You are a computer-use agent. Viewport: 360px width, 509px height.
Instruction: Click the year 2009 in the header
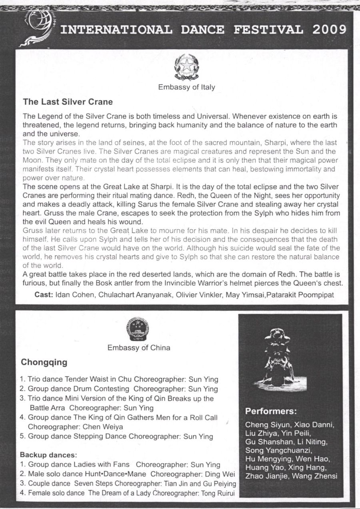pyautogui.click(x=330, y=29)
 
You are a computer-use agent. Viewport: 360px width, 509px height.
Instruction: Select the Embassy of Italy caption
pyautogui.click(x=186, y=87)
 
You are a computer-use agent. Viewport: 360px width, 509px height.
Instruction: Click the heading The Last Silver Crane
pyautogui.click(x=68, y=102)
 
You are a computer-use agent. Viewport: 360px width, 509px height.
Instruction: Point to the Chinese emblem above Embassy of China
pyautogui.click(x=137, y=328)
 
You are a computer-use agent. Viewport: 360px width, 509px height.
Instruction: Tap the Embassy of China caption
pyautogui.click(x=139, y=347)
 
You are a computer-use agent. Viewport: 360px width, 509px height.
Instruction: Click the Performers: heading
pyautogui.click(x=271, y=411)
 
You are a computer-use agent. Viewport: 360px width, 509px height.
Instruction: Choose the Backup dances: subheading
pyautogui.click(x=48, y=455)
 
